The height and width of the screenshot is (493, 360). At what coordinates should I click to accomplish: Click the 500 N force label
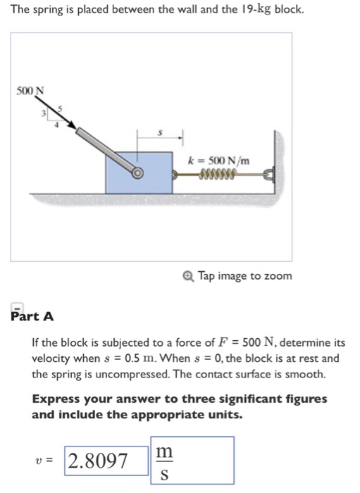pos(30,90)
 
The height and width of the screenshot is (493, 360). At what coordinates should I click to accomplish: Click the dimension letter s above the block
pos(161,130)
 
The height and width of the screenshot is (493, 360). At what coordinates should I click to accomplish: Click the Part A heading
pos(32,316)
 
